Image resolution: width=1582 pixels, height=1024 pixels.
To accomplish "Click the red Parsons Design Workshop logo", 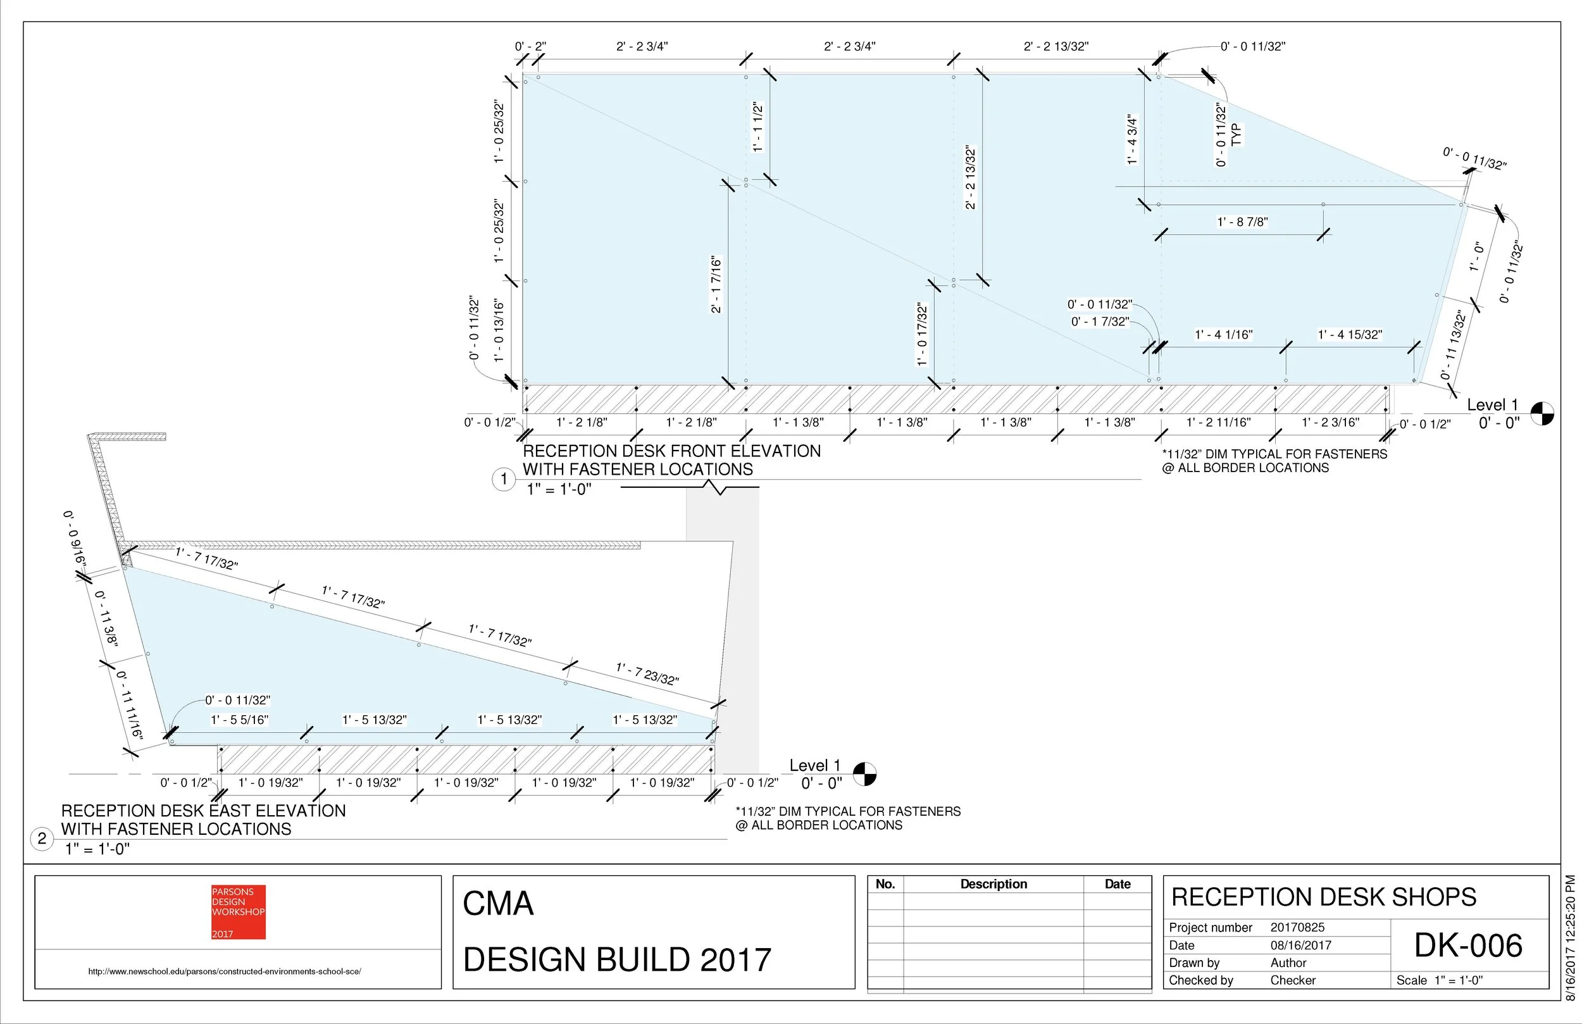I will (238, 911).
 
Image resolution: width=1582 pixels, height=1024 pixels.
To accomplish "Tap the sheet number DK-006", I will (1467, 945).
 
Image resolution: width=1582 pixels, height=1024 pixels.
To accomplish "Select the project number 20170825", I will (1297, 927).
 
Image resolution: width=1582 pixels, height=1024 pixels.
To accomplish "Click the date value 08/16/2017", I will (1300, 945).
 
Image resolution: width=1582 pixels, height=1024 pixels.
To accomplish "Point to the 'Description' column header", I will (993, 884).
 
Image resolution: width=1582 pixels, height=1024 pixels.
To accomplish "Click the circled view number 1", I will (503, 478).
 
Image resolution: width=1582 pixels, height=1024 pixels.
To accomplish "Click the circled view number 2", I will (42, 838).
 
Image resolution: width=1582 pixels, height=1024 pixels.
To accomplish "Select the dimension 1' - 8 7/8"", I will (1242, 222).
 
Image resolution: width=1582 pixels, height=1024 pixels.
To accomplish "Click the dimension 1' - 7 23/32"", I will (647, 673).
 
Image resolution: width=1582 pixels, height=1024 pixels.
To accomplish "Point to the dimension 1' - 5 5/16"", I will (239, 720).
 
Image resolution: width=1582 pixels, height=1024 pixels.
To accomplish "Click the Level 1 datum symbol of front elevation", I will (1542, 413).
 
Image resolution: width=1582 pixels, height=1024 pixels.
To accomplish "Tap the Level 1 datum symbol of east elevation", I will (864, 773).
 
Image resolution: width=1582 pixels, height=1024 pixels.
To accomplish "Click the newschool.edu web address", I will (225, 971).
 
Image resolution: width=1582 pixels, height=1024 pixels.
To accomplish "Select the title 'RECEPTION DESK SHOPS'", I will (1323, 897).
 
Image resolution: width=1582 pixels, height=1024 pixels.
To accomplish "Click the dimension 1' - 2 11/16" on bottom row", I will (1218, 422).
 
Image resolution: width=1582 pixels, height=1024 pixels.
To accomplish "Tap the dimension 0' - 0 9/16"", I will (75, 539).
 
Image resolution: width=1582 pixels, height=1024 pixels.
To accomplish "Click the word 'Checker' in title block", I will (1292, 980).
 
